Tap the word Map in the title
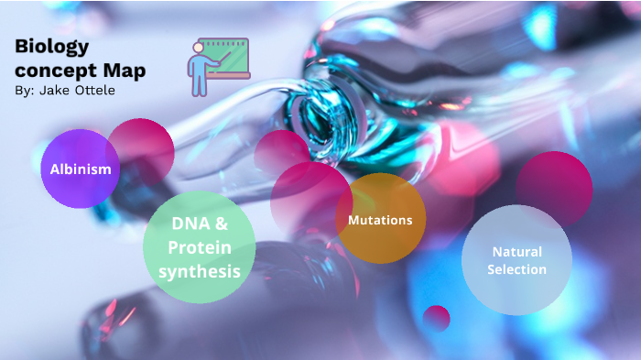click(125, 71)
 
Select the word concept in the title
click(57, 71)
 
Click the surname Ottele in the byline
click(95, 92)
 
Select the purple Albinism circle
click(80, 169)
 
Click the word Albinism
click(80, 169)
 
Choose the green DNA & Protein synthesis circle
click(200, 247)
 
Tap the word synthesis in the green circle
click(200, 271)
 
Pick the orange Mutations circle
click(380, 219)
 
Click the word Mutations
click(380, 220)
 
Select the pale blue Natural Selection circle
click(516, 260)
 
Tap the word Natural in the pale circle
click(516, 251)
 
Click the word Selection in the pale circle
click(516, 269)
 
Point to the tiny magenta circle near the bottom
click(437, 318)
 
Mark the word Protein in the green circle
click(200, 247)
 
